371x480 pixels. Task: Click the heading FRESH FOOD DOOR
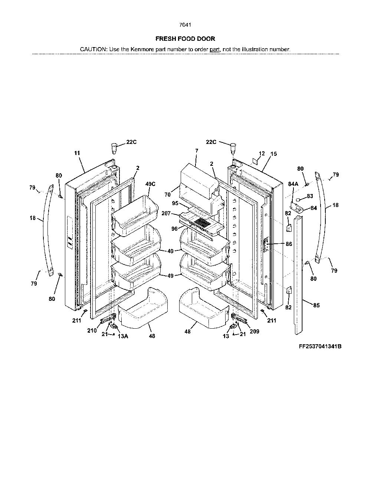pos(185,39)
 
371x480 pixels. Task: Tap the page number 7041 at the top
pos(185,25)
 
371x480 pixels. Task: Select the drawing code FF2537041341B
pos(320,346)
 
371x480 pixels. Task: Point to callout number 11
pos(77,153)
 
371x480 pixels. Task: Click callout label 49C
pos(150,184)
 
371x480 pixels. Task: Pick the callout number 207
pos(166,213)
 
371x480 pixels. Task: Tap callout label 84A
pos(293,184)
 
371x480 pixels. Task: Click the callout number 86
pos(289,244)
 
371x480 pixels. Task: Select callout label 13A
pos(123,336)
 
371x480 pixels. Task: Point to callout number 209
pos(255,331)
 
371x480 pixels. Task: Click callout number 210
pos(92,331)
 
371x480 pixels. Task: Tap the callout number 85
pos(316,305)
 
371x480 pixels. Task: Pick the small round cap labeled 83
pos(298,200)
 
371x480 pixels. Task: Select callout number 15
pos(274,154)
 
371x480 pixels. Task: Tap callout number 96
pos(174,229)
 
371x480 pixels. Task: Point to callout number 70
pos(167,195)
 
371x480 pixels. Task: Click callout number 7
pos(197,151)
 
